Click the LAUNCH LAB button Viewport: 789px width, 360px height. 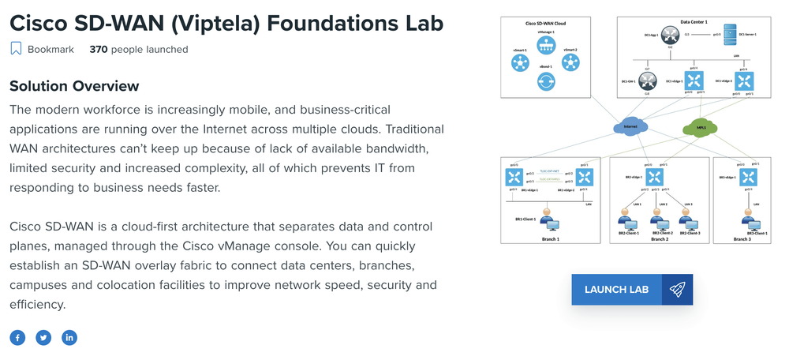coord(616,290)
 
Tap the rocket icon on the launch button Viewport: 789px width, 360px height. coord(677,290)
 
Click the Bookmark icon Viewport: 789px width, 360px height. coord(16,49)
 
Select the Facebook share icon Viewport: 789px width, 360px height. coord(17,338)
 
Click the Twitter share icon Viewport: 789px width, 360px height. coord(43,338)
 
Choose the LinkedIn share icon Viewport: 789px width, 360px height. coord(69,338)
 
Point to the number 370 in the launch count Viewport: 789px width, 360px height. coord(98,49)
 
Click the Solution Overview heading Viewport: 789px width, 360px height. coord(74,86)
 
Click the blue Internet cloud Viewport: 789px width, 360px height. coord(629,126)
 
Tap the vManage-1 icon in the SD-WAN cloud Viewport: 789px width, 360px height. coord(546,46)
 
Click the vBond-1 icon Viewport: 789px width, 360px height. coord(546,79)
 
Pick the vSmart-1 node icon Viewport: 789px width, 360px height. coord(519,63)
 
